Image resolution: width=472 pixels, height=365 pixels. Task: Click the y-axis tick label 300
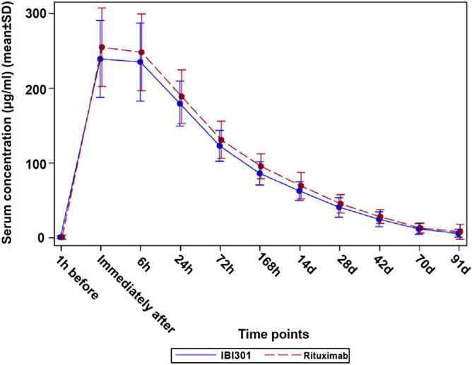click(x=35, y=15)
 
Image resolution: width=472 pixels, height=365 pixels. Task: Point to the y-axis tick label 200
click(x=35, y=89)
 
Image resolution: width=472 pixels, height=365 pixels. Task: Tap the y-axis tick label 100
click(x=35, y=163)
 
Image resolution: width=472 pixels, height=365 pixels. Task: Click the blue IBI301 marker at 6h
click(x=140, y=62)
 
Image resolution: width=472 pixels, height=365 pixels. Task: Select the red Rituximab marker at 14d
click(x=302, y=186)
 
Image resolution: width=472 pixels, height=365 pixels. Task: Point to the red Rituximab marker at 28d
click(x=341, y=204)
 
